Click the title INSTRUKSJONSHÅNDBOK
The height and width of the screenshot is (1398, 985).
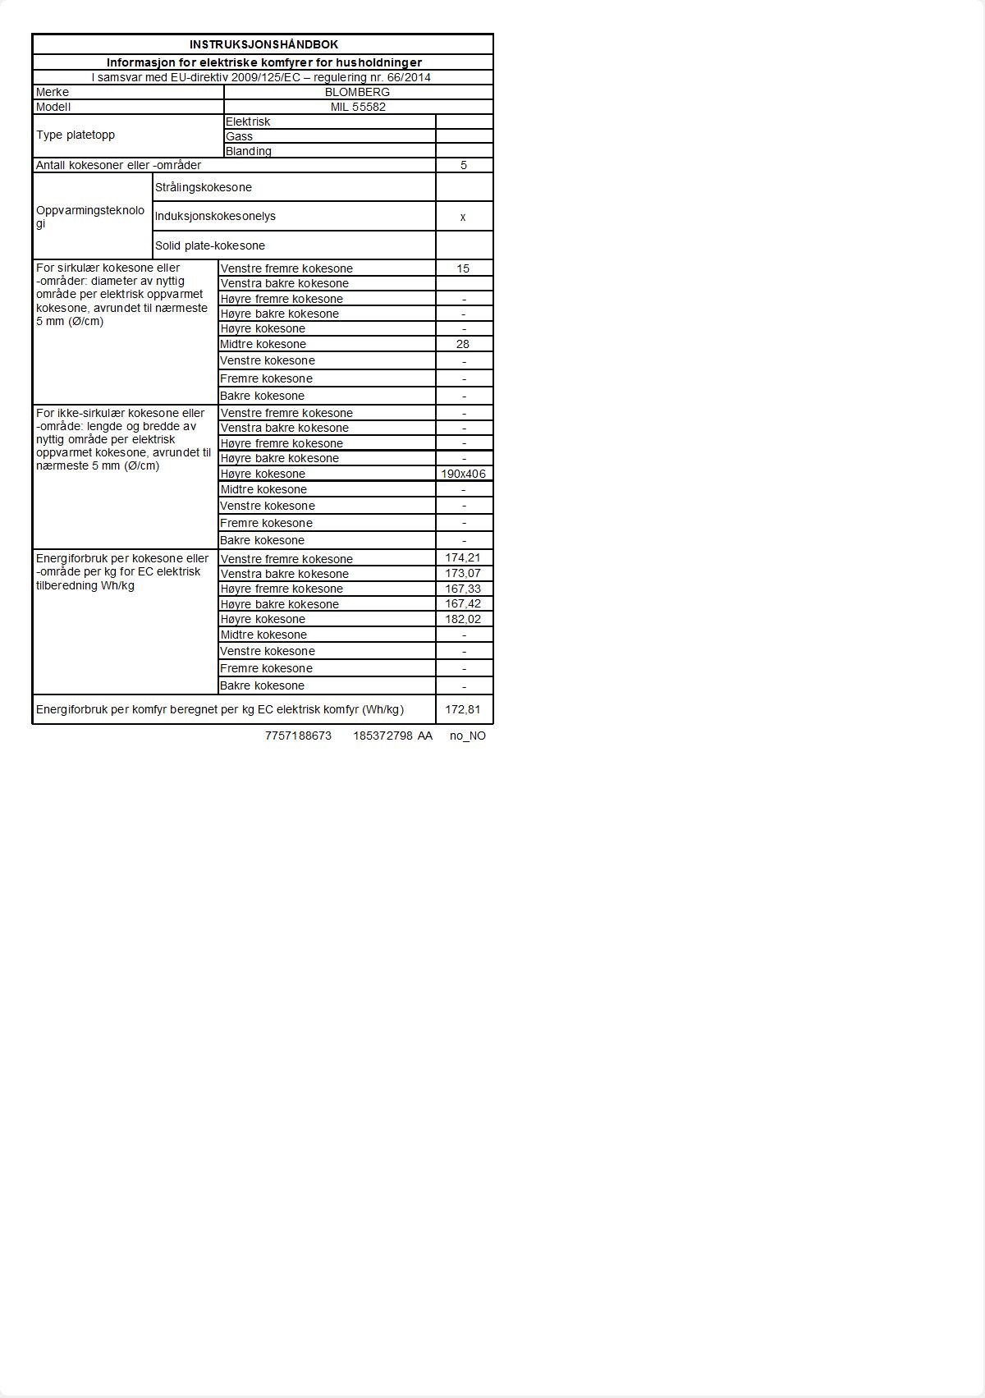[x=263, y=44]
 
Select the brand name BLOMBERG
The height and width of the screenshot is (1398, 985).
[x=357, y=92]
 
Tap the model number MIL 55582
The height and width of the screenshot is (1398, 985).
[x=358, y=107]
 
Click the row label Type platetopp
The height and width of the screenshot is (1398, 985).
[x=76, y=135]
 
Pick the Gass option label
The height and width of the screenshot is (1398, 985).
[x=239, y=136]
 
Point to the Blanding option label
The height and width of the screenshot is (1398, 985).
[x=248, y=151]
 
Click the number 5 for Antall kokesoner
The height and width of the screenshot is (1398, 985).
[x=464, y=165]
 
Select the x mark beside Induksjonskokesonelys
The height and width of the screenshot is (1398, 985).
[x=463, y=217]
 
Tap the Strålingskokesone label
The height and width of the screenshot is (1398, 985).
[x=204, y=187]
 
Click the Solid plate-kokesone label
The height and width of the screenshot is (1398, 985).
[x=210, y=245]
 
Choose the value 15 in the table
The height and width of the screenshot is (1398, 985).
[x=463, y=268]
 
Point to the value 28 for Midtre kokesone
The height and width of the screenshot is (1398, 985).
[x=463, y=344]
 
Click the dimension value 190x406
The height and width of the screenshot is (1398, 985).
[x=464, y=474]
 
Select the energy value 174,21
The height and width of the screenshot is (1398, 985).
[x=463, y=558]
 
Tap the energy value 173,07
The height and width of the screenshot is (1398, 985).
[x=463, y=573]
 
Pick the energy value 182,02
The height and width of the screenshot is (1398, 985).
[x=463, y=619]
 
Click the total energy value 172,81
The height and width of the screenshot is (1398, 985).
[x=463, y=709]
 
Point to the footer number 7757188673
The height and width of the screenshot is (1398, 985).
[x=298, y=736]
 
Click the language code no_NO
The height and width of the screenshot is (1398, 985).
[x=468, y=736]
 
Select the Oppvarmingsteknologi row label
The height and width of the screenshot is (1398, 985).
[x=90, y=217]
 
